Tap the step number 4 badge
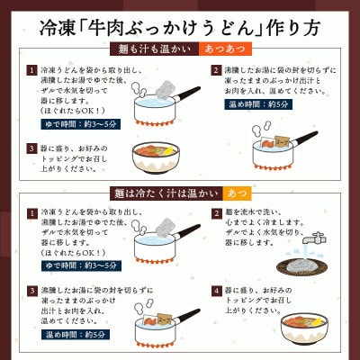215,291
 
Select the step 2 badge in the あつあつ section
215,70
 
